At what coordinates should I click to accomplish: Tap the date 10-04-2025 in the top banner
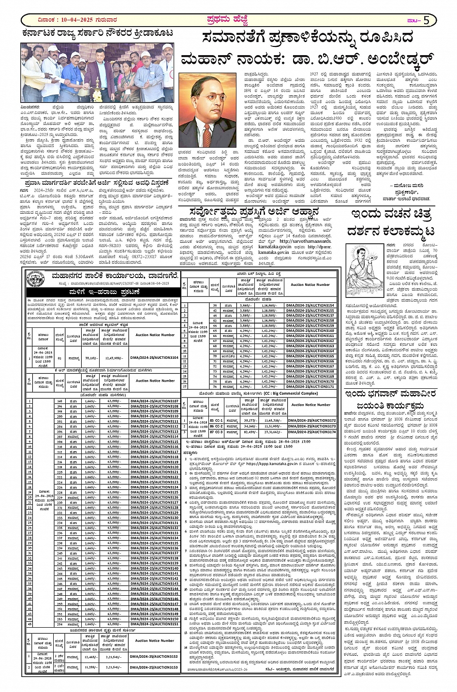pyautogui.click(x=72, y=20)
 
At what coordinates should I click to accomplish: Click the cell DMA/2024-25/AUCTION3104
pyautogui.click(x=154, y=357)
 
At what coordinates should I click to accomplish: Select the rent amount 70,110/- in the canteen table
pyautogui.click(x=89, y=357)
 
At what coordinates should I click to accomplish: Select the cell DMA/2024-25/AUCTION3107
pyautogui.click(x=154, y=401)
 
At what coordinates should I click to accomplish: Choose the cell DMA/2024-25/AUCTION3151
pyautogui.click(x=154, y=624)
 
